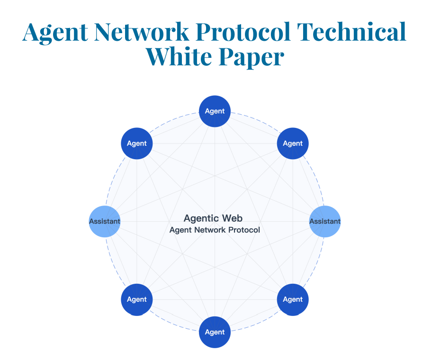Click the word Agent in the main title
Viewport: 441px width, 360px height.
pos(55,32)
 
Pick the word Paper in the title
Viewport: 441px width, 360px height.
pos(252,57)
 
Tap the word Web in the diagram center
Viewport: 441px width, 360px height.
pos(233,218)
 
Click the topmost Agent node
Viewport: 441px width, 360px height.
pos(215,111)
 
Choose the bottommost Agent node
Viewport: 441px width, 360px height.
pos(215,332)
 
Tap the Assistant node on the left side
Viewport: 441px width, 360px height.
pos(105,221)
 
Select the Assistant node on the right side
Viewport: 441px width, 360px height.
pos(325,221)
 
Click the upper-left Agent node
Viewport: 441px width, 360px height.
pos(137,143)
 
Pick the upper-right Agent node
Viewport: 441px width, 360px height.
pos(293,143)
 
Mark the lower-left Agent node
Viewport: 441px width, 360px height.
pos(137,299)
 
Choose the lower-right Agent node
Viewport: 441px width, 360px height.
pos(293,299)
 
